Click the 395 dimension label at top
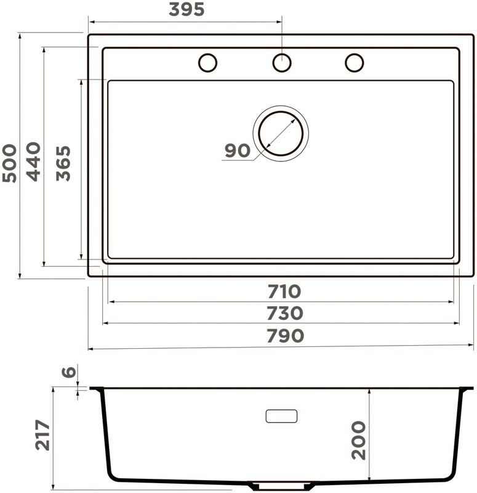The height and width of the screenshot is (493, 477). coord(186,9)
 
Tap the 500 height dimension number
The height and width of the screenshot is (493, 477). coord(9,163)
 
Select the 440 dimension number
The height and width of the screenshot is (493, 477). coord(33,161)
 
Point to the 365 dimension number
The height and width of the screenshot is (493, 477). coord(63,163)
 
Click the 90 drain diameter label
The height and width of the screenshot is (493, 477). coord(238,150)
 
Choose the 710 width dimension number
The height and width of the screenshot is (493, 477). coord(284,291)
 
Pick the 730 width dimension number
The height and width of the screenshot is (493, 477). coord(285,313)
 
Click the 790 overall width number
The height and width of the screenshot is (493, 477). coord(285,335)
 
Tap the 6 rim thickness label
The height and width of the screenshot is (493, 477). coord(69,372)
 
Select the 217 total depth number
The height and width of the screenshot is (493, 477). coord(42,435)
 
